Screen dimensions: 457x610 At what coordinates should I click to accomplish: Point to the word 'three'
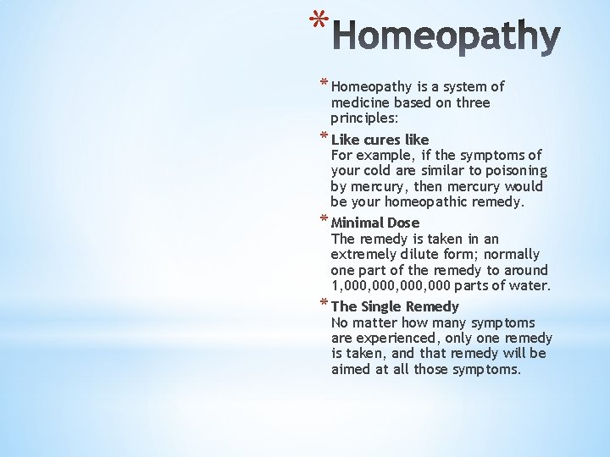point(473,102)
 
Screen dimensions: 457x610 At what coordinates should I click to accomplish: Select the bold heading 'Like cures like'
point(380,140)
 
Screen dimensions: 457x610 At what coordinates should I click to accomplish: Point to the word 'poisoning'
point(515,171)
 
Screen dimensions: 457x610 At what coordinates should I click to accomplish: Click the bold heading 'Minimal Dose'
point(375,223)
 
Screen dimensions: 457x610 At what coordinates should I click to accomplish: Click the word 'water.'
point(530,286)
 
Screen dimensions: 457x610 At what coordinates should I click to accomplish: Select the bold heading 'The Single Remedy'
point(395,306)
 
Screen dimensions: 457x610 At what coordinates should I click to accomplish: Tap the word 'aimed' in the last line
point(351,369)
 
